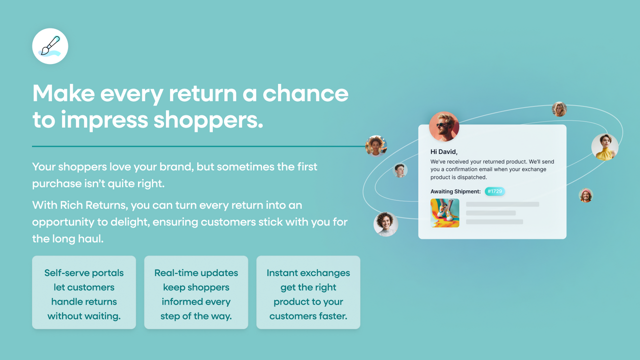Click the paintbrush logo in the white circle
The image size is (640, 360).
click(50, 46)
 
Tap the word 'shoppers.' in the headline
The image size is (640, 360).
click(208, 120)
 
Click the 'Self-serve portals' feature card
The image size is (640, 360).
click(84, 292)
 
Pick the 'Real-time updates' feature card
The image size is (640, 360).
click(196, 292)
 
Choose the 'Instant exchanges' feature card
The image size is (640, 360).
click(308, 292)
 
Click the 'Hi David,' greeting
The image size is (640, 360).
click(444, 151)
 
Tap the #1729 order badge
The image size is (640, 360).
click(494, 191)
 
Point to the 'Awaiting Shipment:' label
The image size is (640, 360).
click(455, 191)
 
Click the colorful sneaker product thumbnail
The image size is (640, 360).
click(444, 213)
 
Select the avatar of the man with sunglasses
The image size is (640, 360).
click(444, 126)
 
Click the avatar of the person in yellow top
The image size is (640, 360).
click(605, 146)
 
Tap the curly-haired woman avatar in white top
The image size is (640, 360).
click(385, 223)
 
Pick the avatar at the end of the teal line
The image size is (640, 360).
click(376, 146)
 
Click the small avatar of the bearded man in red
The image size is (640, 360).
click(585, 195)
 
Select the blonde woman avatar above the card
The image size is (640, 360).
click(559, 109)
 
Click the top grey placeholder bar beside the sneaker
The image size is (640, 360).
click(502, 204)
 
